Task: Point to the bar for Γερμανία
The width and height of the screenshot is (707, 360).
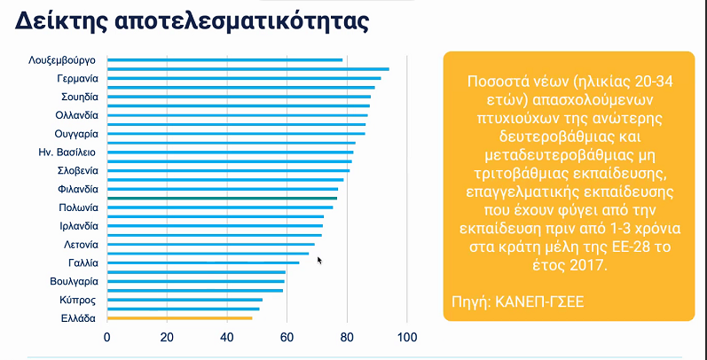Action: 244,79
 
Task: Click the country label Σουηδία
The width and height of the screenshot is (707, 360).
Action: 79,97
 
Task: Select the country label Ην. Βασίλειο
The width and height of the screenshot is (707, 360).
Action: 73,153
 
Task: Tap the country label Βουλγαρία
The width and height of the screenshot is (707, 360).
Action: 74,281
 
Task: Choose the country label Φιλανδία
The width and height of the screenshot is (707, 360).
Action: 77,189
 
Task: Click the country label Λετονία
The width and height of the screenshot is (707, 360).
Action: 81,244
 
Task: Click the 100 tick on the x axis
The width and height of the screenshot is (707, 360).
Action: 407,338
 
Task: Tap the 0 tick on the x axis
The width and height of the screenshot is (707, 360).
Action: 107,338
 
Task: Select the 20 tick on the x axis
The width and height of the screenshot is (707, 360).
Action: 167,338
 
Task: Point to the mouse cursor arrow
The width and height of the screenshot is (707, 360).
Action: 319,260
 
